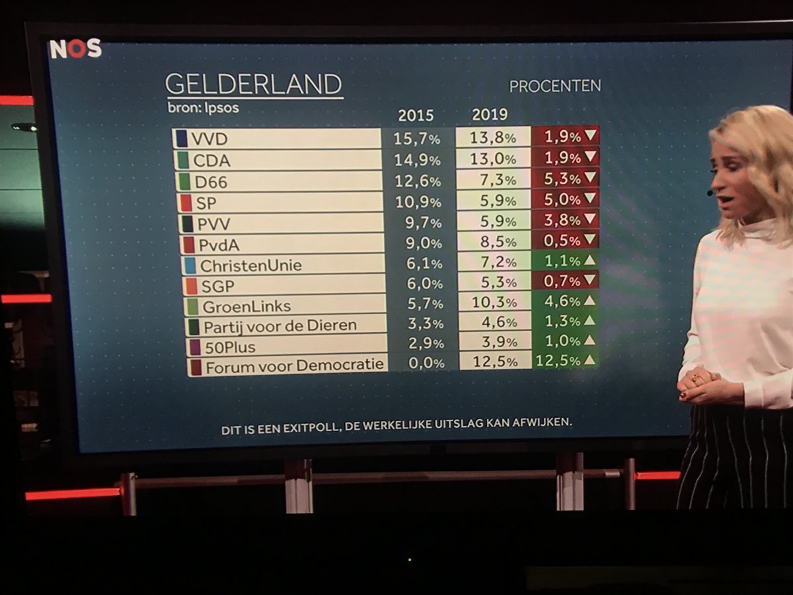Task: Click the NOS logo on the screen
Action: point(75,49)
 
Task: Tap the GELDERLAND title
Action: point(253,85)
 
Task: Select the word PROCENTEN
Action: point(554,86)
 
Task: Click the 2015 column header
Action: point(416,116)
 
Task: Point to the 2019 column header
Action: point(490,115)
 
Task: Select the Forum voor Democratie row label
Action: point(294,366)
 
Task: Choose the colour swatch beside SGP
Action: point(189,286)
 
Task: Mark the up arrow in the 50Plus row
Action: point(589,340)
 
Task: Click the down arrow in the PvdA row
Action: point(590,239)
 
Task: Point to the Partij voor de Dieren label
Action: point(280,326)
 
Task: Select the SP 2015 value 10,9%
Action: point(424,200)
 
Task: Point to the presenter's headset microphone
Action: point(709,192)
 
